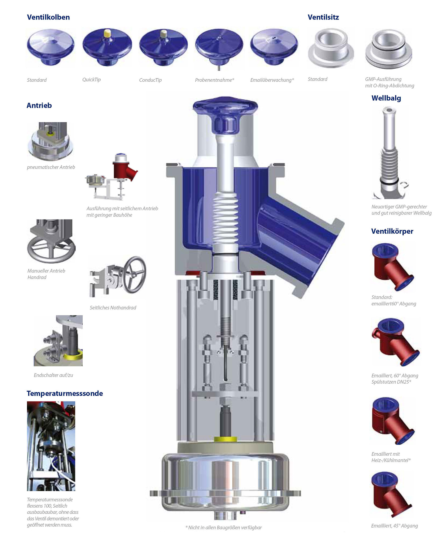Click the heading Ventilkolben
(x=48, y=17)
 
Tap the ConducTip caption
(x=150, y=80)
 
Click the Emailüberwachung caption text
(x=272, y=80)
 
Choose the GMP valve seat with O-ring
(x=389, y=49)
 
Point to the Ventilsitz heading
(x=323, y=17)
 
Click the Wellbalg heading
(x=386, y=98)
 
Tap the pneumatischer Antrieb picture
(x=51, y=141)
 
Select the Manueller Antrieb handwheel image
(x=51, y=241)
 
